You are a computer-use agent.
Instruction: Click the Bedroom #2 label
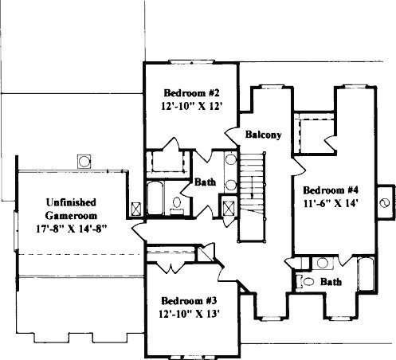(x=191, y=93)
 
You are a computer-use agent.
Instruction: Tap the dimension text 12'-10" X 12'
(x=191, y=107)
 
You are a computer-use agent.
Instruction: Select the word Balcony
(x=263, y=135)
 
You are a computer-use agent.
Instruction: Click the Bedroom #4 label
(x=331, y=190)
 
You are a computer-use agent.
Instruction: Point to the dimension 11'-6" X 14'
(x=331, y=203)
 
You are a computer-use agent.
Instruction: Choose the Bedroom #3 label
(x=189, y=301)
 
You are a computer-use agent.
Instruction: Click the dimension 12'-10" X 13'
(x=189, y=314)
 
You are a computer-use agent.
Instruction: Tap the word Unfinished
(x=71, y=202)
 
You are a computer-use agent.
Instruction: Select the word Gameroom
(x=71, y=216)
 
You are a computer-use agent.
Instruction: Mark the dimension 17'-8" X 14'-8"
(x=71, y=229)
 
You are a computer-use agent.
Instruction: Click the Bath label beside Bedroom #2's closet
(x=205, y=182)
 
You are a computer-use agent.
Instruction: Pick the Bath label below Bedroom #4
(x=331, y=282)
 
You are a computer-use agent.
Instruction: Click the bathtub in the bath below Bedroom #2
(x=155, y=198)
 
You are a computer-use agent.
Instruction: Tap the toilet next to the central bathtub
(x=177, y=205)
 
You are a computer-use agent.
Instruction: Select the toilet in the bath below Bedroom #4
(x=306, y=281)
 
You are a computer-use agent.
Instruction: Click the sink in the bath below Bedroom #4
(x=323, y=263)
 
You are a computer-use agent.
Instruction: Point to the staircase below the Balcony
(x=252, y=197)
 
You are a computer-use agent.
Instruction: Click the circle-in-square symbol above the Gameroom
(x=84, y=162)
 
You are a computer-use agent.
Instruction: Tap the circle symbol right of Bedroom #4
(x=385, y=203)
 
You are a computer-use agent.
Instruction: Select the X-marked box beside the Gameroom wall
(x=136, y=209)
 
